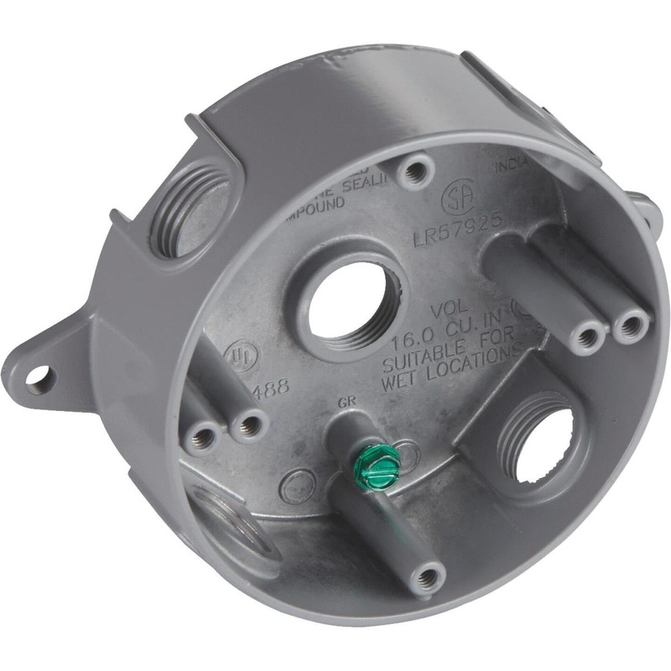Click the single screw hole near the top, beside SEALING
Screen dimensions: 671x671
(x=410, y=174)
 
